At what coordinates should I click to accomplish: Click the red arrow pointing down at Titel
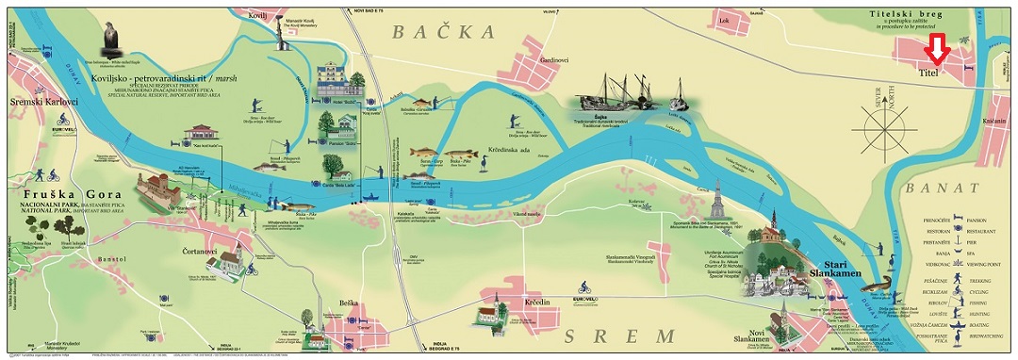(x=938, y=49)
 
